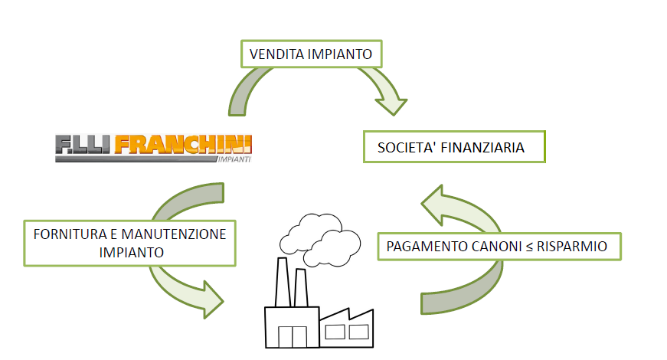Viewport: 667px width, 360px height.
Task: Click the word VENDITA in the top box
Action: (x=277, y=55)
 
